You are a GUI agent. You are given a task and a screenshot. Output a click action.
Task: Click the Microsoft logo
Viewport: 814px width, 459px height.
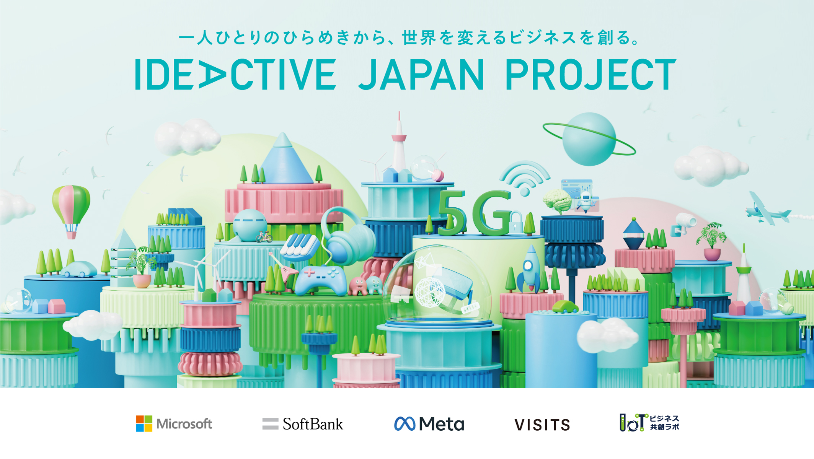point(174,424)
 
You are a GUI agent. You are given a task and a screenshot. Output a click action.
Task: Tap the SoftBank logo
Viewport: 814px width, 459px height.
point(303,424)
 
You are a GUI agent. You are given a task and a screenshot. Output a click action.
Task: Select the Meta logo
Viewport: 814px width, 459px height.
point(429,424)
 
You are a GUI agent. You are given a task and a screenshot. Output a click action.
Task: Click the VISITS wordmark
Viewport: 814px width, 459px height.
point(542,425)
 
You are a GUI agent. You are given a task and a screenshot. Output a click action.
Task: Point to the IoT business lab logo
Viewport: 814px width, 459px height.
point(649,423)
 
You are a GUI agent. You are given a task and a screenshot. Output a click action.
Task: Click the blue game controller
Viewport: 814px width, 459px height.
point(320,280)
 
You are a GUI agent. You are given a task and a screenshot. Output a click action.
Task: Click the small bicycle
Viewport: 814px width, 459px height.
point(264,237)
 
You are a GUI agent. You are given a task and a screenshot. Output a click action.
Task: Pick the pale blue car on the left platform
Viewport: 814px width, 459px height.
point(79,269)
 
